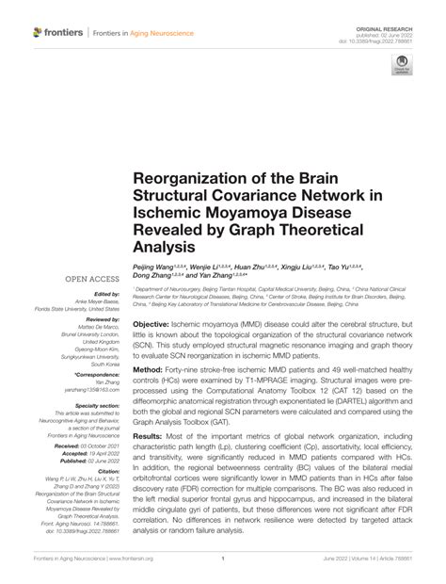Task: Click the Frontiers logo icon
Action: [38, 32]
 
